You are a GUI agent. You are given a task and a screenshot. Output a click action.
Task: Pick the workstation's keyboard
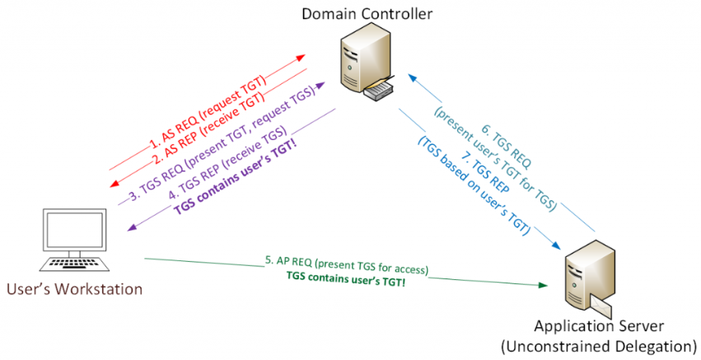(x=77, y=264)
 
